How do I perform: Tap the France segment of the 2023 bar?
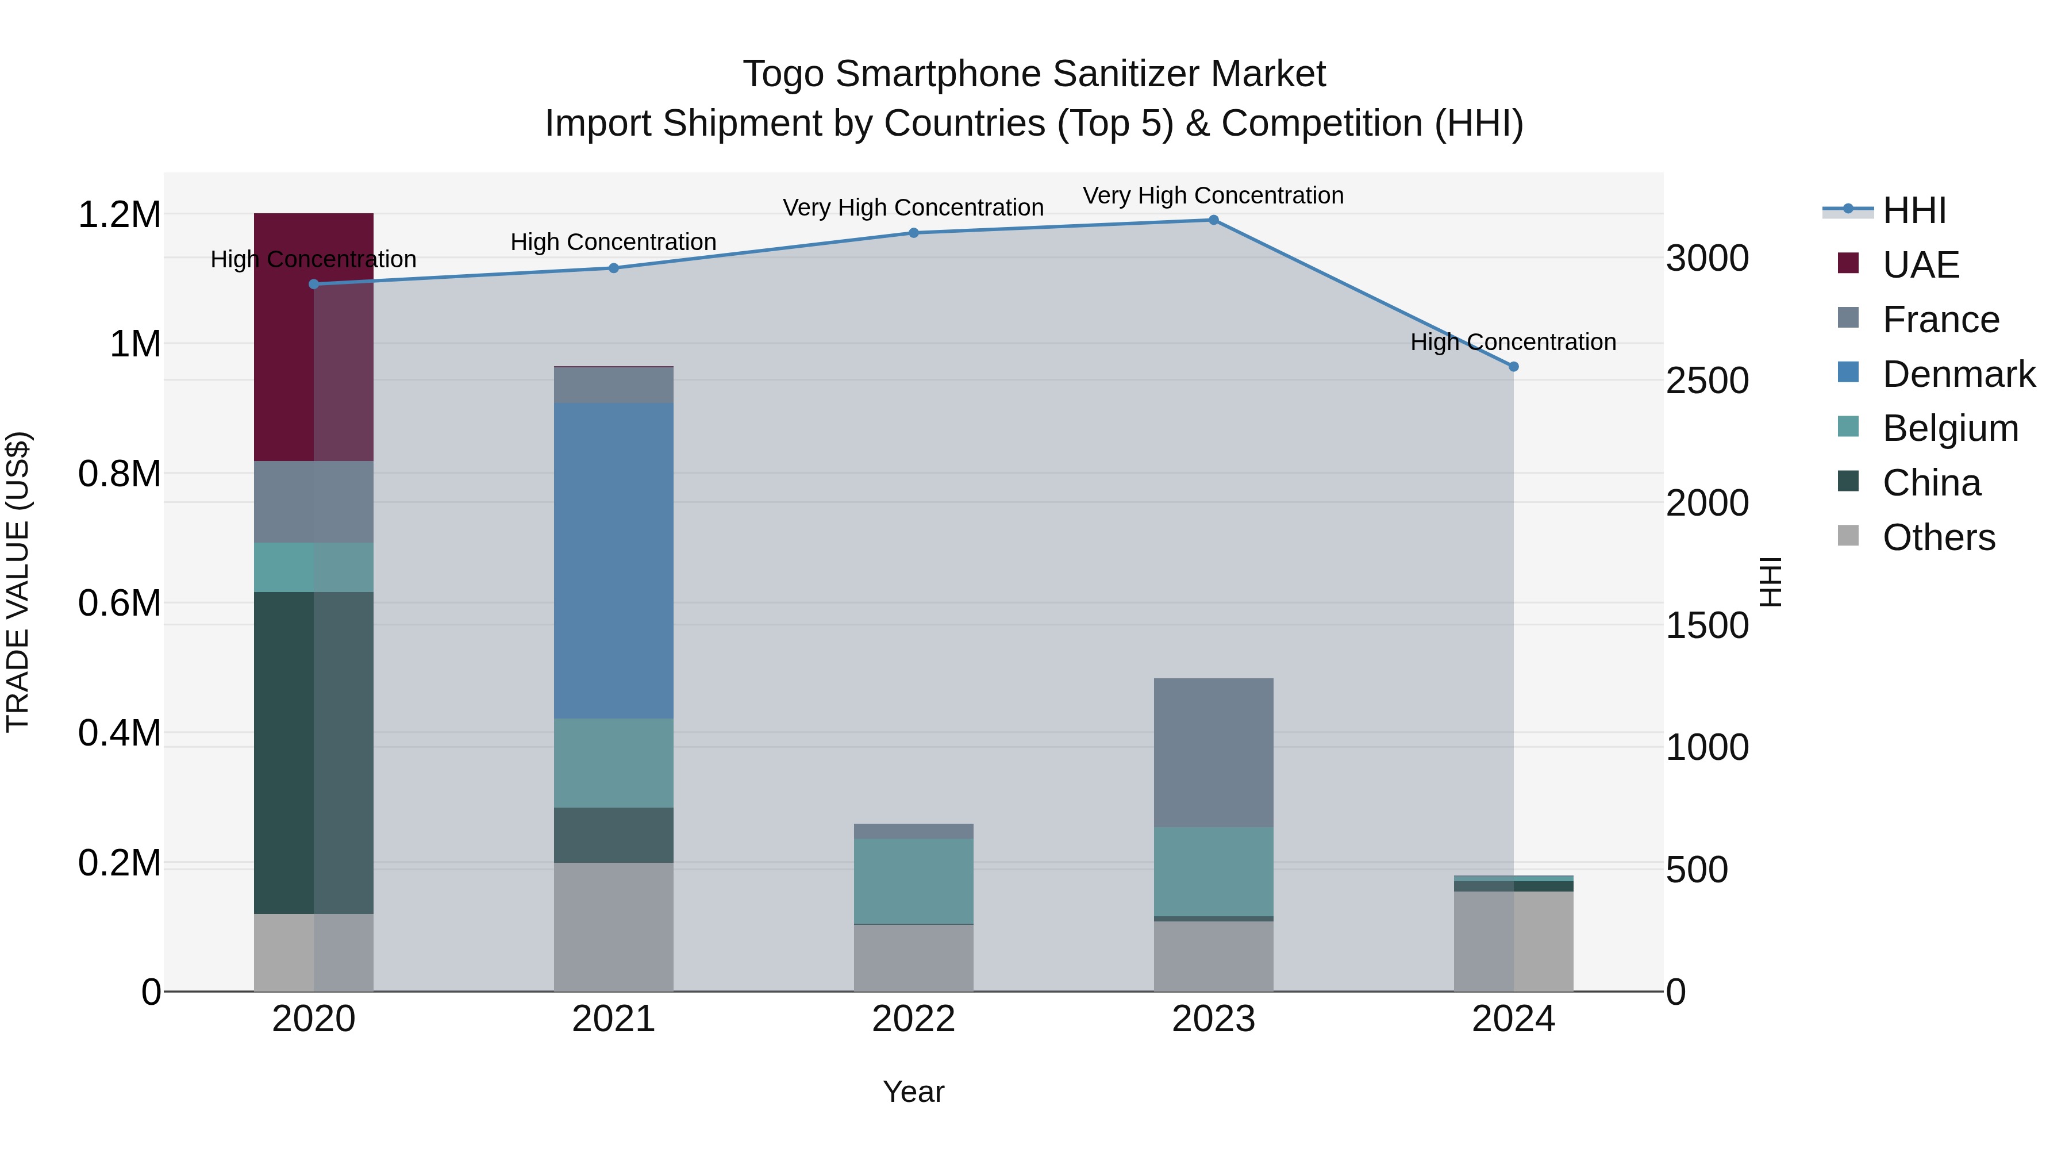[x=1213, y=752]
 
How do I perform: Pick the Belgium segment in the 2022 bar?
[x=913, y=881]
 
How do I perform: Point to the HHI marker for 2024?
[x=1513, y=366]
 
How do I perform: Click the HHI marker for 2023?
[x=1213, y=220]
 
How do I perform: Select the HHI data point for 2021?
[x=614, y=268]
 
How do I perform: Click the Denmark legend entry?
[x=1958, y=374]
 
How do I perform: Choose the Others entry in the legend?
[x=1937, y=537]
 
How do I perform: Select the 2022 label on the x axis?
[x=913, y=1019]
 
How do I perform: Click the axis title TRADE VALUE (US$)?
[x=18, y=582]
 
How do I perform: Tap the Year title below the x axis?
[x=913, y=1092]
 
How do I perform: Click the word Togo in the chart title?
[x=783, y=74]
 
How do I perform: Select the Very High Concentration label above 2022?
[x=913, y=208]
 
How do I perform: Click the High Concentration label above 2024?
[x=1513, y=342]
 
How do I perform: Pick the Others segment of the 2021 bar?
[x=614, y=926]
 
